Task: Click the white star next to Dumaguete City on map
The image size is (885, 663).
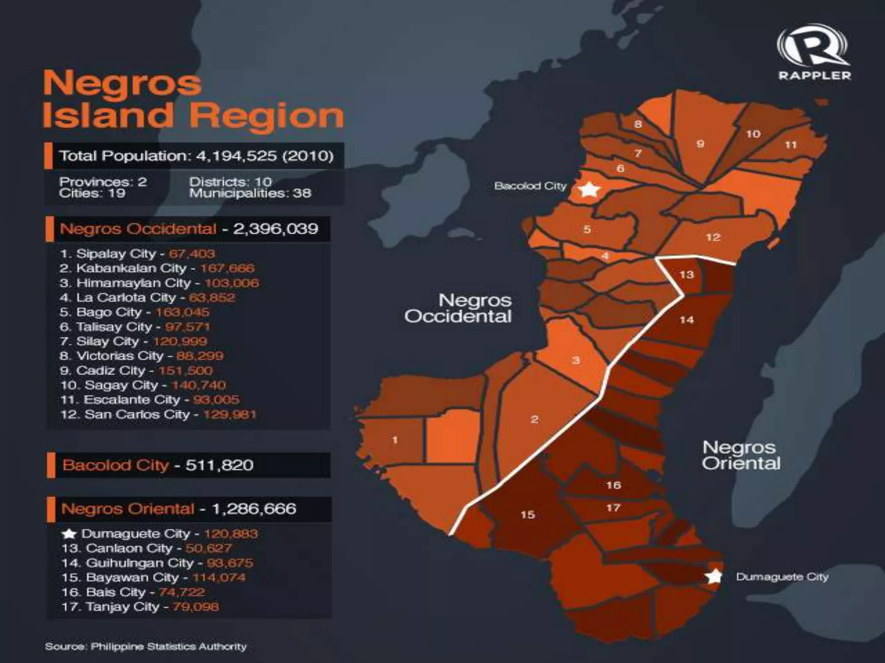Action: [713, 576]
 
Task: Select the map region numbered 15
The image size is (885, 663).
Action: [528, 515]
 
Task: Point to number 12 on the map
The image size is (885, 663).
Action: [713, 237]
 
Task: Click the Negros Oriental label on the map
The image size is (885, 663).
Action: [741, 455]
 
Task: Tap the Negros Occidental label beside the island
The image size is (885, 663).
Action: [458, 308]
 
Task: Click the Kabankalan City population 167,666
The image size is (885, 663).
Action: [227, 268]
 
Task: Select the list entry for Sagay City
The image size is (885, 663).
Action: [143, 385]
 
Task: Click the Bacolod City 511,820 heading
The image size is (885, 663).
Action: [158, 465]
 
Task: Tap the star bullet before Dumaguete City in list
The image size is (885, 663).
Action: [69, 534]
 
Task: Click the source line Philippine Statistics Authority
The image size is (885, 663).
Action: [146, 647]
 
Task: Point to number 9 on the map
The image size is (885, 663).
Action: [700, 144]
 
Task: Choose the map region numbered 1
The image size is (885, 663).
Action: [395, 440]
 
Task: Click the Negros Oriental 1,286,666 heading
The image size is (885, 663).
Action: [178, 509]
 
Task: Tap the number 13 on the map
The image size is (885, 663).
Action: [686, 275]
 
